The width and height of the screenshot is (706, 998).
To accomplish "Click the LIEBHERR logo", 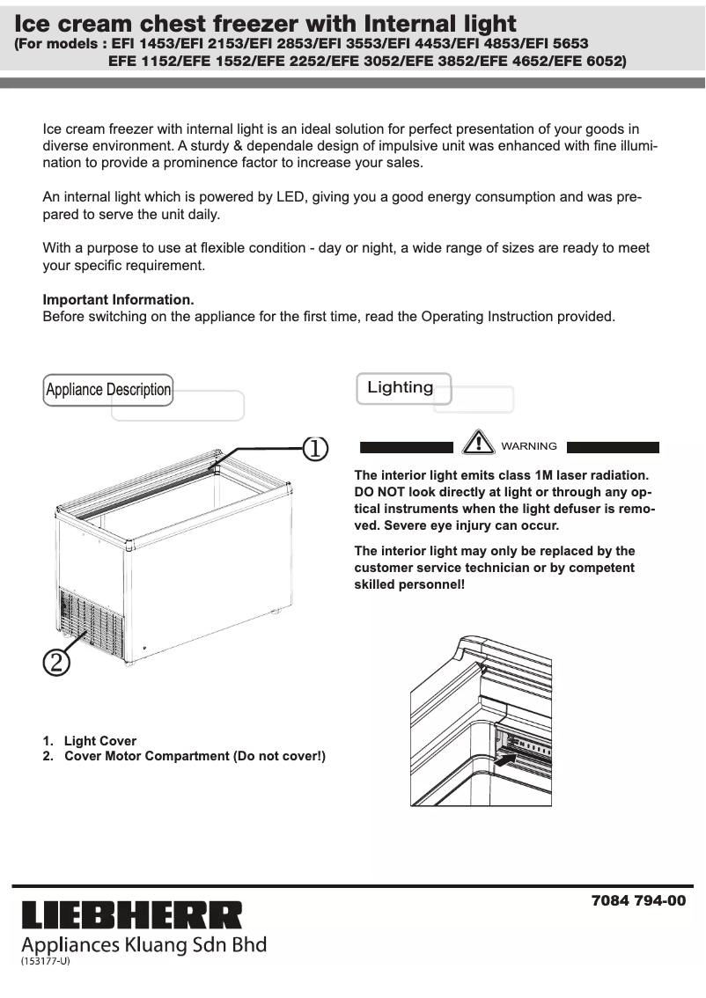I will pyautogui.click(x=131, y=915).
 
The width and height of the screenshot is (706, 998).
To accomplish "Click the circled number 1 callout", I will pyautogui.click(x=315, y=448).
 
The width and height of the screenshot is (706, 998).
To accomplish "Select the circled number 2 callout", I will pyautogui.click(x=55, y=662).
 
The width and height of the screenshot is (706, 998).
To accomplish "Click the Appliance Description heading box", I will pyautogui.click(x=108, y=390).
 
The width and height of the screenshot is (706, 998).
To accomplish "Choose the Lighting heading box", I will pyautogui.click(x=402, y=388).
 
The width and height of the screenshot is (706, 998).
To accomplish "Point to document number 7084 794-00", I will pyautogui.click(x=638, y=901).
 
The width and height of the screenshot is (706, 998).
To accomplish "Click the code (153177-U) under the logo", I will pyautogui.click(x=45, y=961).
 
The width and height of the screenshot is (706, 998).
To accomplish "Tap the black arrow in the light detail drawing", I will pyautogui.click(x=504, y=758).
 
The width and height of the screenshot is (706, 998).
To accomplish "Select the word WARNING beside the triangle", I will pyautogui.click(x=529, y=446).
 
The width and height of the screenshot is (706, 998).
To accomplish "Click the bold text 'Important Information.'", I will pyautogui.click(x=118, y=300).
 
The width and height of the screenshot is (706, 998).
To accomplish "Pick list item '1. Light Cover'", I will pyautogui.click(x=90, y=741).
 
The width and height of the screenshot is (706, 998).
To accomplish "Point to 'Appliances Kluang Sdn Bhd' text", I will pyautogui.click(x=143, y=945).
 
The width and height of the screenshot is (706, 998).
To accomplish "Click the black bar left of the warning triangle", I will pyautogui.click(x=407, y=447).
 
